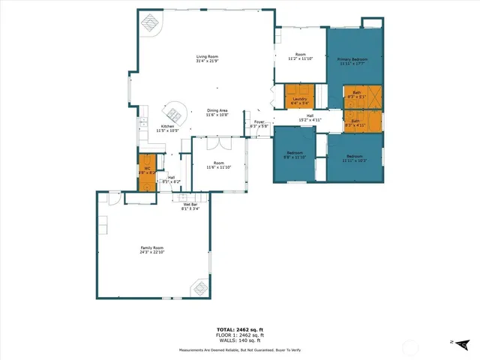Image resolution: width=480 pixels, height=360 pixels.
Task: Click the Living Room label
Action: click(207, 58)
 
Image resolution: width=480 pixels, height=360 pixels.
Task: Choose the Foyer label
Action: click(259, 124)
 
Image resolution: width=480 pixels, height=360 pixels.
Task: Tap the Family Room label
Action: click(152, 250)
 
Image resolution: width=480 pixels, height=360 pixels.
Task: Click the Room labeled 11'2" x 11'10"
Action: click(300, 56)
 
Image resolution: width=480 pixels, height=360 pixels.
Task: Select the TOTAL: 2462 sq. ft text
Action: click(239, 329)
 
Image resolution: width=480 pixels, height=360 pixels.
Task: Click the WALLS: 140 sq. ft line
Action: click(239, 340)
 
